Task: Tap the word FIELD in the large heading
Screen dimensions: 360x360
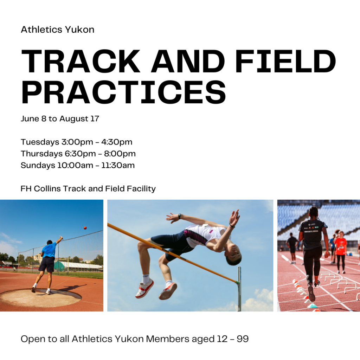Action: [285, 61]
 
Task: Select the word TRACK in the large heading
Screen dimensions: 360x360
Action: [81, 61]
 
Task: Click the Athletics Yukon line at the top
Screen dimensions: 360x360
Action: [57, 30]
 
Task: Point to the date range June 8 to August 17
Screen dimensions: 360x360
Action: [60, 119]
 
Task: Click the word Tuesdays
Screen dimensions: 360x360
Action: [40, 142]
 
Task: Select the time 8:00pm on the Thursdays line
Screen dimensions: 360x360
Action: [120, 154]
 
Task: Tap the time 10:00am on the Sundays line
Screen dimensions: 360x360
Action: [75, 165]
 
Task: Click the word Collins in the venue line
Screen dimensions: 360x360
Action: [47, 189]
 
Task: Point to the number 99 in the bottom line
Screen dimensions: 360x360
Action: [243, 339]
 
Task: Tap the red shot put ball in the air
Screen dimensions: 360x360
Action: [85, 228]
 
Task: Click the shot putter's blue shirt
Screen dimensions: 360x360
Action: [49, 250]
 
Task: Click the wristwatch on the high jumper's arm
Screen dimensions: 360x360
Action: [180, 216]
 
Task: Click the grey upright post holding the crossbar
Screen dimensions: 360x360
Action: [239, 289]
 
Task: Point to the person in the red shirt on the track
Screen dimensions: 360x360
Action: [340, 252]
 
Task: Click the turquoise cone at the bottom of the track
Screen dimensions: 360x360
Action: [313, 306]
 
